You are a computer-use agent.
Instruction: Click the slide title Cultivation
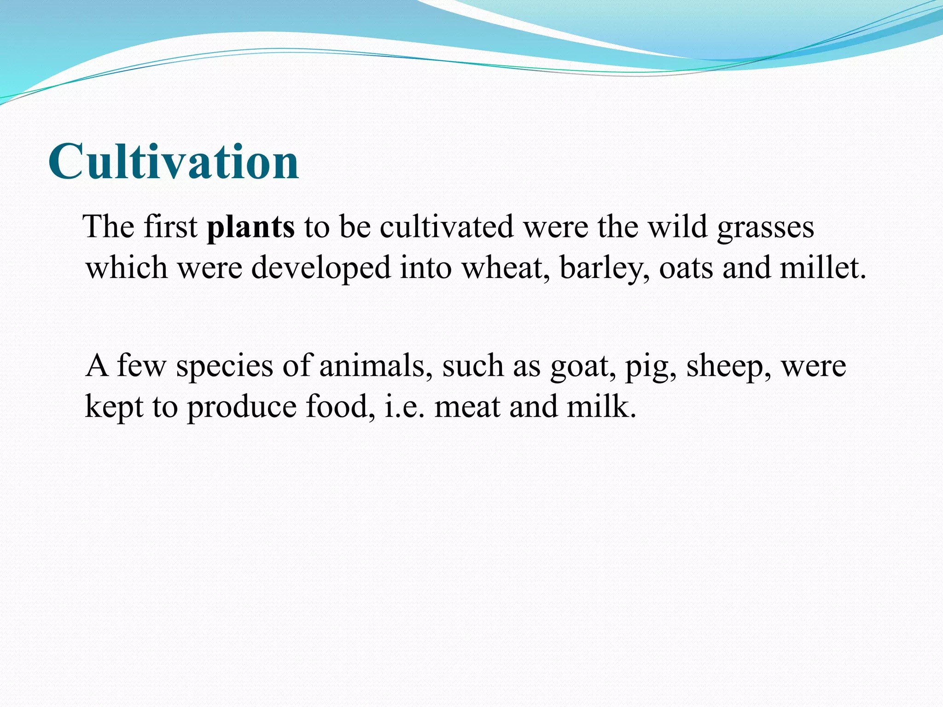click(x=174, y=162)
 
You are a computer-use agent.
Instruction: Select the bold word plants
click(x=250, y=227)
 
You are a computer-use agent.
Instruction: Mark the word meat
click(x=467, y=407)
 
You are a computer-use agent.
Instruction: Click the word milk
click(x=600, y=407)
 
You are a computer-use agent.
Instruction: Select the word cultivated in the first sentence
click(x=446, y=227)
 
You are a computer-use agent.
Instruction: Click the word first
click(x=170, y=227)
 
